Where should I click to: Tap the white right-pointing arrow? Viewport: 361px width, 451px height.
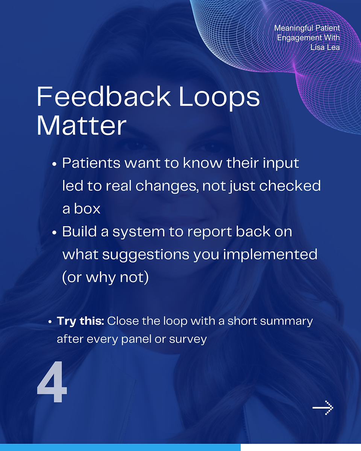click(x=323, y=408)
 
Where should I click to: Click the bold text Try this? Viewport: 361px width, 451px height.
click(x=80, y=321)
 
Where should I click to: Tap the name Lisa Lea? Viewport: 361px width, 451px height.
click(x=325, y=47)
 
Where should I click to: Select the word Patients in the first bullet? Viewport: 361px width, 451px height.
click(x=91, y=163)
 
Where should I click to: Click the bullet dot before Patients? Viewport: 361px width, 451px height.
click(x=54, y=164)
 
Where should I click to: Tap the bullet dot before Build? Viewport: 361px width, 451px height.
click(x=54, y=233)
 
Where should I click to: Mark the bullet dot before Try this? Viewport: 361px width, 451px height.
click(x=50, y=322)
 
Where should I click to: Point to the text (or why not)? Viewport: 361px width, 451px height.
click(x=106, y=277)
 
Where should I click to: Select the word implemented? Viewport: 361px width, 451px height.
click(x=270, y=255)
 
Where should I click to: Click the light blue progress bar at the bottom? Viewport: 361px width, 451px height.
click(x=120, y=448)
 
